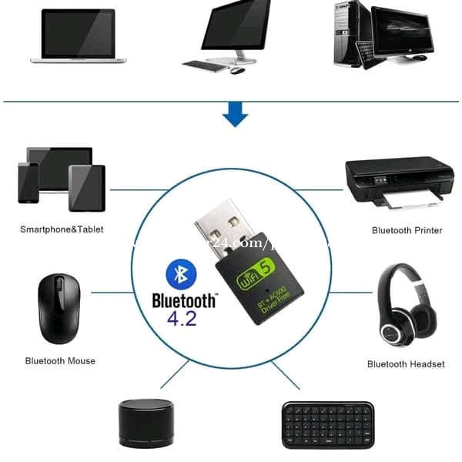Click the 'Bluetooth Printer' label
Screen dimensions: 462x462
(407, 230)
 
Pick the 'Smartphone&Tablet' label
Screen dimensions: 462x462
(62, 229)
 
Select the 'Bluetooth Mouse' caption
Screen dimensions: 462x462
(60, 360)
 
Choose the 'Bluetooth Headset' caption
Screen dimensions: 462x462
(406, 364)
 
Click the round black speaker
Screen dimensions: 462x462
(146, 423)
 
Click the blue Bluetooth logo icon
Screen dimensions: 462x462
(179, 273)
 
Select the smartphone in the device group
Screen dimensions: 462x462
(28, 182)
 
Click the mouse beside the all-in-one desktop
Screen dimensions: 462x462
(238, 70)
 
